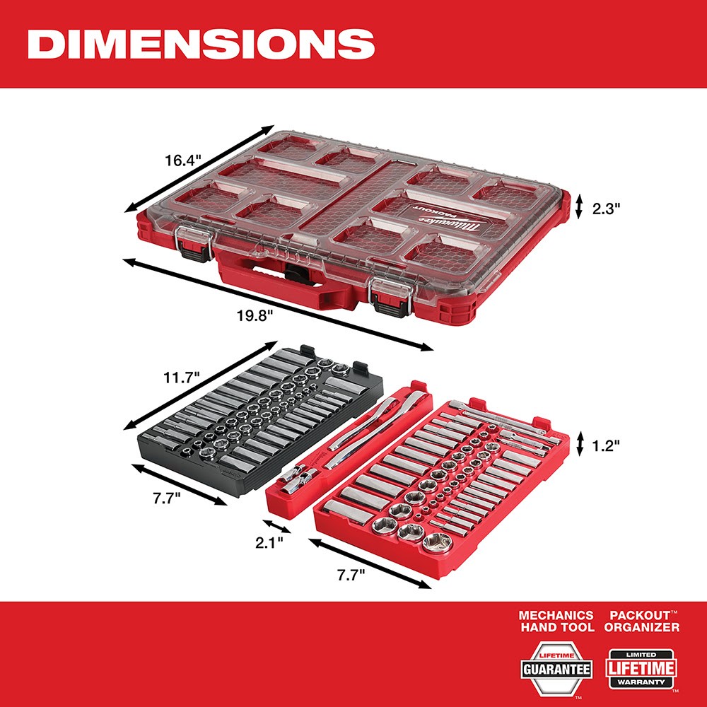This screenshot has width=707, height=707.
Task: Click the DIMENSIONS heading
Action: coord(200,44)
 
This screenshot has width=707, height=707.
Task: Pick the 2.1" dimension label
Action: coord(270,543)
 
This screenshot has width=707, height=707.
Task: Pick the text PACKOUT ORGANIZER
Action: coord(642,621)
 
